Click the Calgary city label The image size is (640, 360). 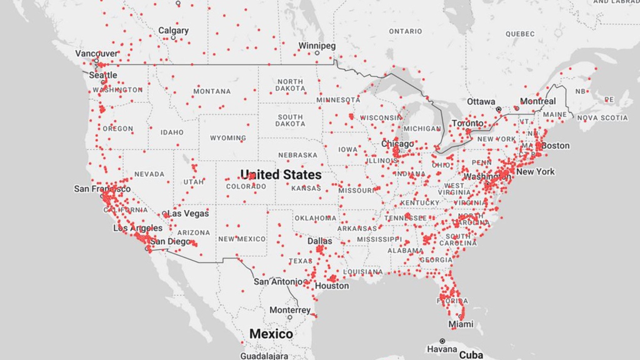[173, 31]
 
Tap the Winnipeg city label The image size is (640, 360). [316, 46]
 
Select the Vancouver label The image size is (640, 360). [96, 54]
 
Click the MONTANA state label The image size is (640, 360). [212, 91]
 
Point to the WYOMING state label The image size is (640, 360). [227, 138]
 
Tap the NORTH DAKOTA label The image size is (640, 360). [290, 85]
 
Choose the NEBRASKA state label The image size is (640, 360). [297, 155]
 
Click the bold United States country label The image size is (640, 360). [281, 174]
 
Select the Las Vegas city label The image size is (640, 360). [188, 214]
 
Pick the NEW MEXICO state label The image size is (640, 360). [242, 239]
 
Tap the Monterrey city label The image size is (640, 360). [290, 310]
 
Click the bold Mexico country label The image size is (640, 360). [271, 334]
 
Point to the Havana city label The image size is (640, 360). [442, 349]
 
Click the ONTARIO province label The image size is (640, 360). [405, 31]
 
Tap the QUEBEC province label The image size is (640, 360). [520, 34]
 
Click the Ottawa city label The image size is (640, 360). [481, 102]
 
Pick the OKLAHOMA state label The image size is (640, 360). [316, 218]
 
